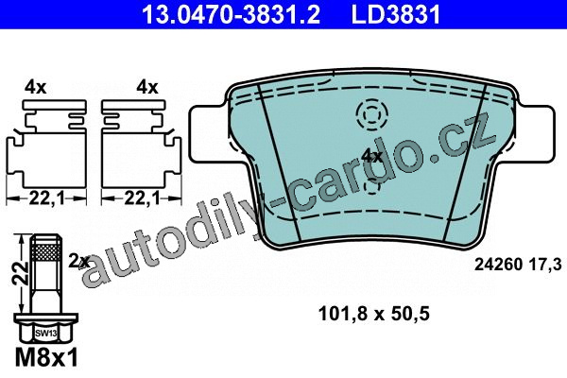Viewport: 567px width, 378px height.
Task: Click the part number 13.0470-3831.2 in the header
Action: [231, 14]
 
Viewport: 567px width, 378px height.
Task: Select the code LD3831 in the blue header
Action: [396, 14]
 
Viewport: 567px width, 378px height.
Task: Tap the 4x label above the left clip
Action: [36, 88]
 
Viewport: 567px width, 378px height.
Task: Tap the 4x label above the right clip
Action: [147, 88]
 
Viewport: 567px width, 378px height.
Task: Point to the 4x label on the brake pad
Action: [372, 156]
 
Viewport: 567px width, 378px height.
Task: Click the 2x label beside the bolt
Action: [78, 261]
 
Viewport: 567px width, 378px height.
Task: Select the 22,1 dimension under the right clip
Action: [142, 198]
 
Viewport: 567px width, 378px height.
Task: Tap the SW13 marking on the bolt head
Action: [46, 334]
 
